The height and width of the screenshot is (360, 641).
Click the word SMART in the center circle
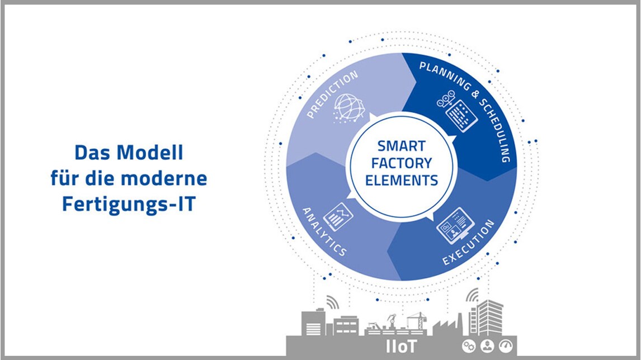coord(402,146)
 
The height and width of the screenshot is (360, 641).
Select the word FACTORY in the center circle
coord(402,163)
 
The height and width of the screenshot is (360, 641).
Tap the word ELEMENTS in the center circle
coord(402,180)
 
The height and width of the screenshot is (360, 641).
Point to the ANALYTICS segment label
coord(324,231)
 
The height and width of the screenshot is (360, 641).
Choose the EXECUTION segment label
coord(469,242)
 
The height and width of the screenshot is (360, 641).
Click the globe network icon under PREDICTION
coord(348,108)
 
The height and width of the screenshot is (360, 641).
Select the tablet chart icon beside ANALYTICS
coord(338,216)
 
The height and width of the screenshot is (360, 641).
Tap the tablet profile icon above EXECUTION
coord(455,225)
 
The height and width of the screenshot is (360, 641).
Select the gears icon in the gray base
coord(469,347)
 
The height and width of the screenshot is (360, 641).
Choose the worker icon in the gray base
coord(487,347)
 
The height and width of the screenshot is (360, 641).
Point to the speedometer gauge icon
coord(506,347)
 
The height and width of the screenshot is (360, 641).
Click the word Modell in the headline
coord(150,153)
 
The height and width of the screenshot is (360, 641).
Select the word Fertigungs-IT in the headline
coord(129,204)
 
